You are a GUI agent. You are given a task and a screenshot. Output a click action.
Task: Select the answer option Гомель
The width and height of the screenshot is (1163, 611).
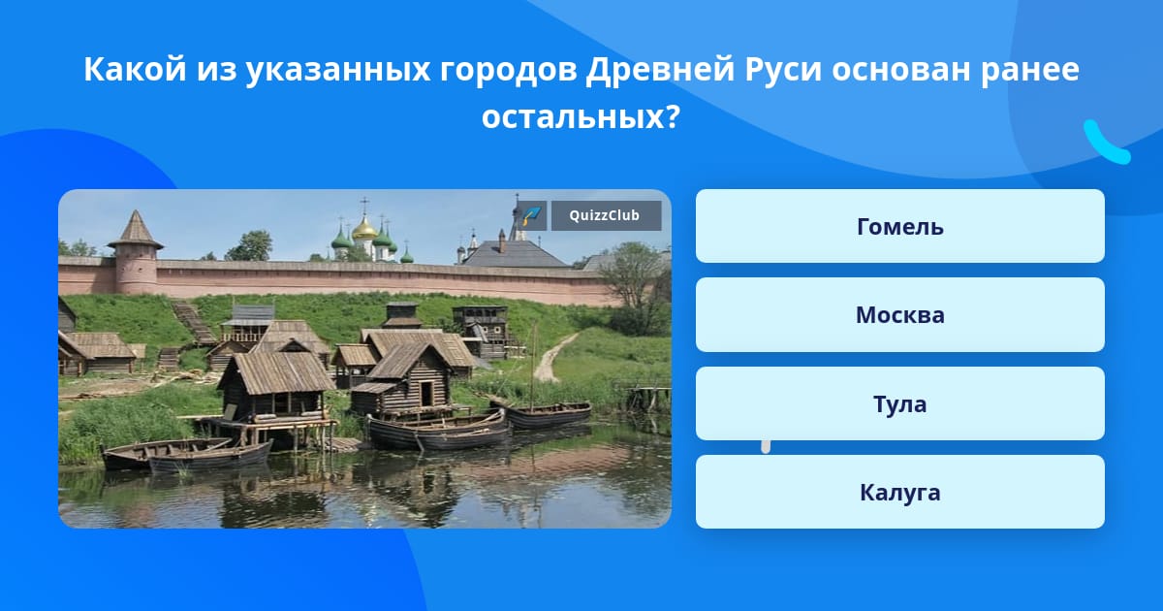tap(899, 226)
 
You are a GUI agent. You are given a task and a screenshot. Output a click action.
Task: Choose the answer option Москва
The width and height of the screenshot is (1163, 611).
tap(899, 315)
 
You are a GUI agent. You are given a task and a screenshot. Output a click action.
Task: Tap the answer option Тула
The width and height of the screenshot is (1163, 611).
tap(899, 403)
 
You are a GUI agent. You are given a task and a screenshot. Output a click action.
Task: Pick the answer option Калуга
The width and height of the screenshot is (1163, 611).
tap(899, 492)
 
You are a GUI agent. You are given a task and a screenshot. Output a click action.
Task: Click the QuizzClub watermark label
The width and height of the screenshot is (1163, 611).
tap(606, 215)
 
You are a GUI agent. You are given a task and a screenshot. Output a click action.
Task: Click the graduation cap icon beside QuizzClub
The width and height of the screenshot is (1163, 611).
tap(531, 215)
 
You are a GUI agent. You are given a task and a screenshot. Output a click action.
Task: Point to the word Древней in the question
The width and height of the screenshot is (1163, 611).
tap(660, 69)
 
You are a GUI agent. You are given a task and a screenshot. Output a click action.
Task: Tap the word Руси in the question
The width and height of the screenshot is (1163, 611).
tap(783, 69)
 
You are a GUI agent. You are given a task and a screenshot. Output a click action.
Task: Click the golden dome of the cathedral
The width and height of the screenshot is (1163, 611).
tap(364, 229)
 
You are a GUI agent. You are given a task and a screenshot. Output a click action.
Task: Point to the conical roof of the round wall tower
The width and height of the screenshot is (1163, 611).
tap(136, 230)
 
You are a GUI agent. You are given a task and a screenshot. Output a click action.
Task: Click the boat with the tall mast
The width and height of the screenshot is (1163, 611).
tap(543, 414)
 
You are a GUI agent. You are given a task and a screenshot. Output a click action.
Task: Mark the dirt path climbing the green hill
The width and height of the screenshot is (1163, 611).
tap(552, 359)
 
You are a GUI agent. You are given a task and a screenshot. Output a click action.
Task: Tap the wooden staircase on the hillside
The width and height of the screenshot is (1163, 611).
tap(192, 322)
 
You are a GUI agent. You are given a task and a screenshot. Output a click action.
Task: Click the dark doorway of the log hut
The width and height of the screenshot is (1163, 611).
tap(426, 394)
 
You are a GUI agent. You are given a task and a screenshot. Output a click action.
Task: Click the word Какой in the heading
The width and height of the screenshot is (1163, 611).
tap(135, 69)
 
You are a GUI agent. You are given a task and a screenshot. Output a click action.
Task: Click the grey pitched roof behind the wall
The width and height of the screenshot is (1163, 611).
tap(515, 253)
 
